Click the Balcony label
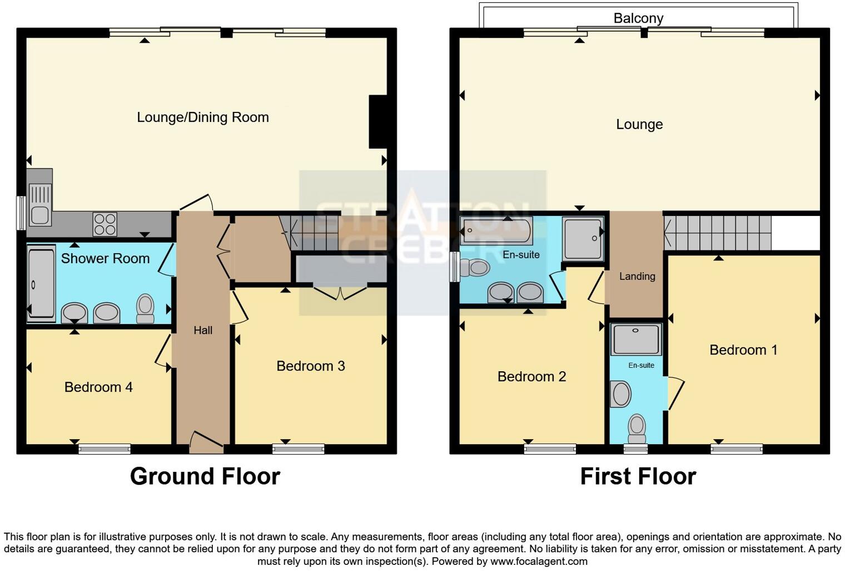point(638,18)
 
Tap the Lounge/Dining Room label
point(203,117)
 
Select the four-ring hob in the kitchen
point(105,224)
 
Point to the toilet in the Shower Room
point(145,308)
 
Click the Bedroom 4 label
point(98,387)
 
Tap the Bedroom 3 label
point(310,366)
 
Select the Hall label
point(203,331)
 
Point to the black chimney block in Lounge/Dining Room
point(378,122)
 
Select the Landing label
point(637,277)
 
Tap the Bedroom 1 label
point(743,350)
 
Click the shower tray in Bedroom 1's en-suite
point(636,339)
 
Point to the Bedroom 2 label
point(531,377)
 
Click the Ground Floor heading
point(205,477)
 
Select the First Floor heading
point(638,477)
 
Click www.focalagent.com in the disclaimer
point(539,562)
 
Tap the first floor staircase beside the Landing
point(718,233)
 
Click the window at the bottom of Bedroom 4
point(105,449)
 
